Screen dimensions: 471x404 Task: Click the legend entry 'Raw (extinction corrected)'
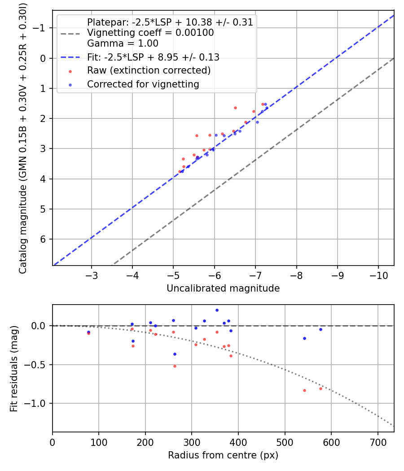149,70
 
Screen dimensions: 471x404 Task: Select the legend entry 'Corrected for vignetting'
143,84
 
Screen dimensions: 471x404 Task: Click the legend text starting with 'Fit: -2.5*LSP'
153,57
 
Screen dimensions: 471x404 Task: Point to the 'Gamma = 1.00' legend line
123,44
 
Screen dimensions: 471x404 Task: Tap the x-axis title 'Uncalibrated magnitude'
223,288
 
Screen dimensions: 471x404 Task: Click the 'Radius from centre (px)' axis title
223,455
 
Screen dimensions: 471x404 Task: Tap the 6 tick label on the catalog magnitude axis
44,239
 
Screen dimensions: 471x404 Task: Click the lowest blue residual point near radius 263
175,354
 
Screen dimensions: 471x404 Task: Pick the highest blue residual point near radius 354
217,310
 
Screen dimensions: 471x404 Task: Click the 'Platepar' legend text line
170,22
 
